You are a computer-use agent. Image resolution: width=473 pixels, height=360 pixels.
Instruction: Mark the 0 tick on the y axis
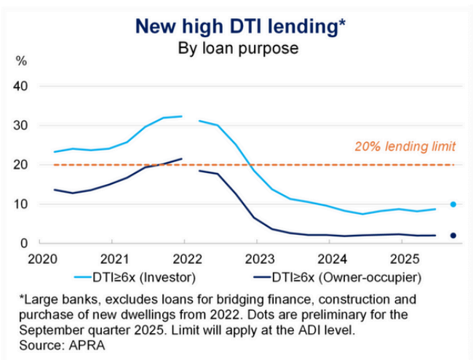pyautogui.click(x=24, y=244)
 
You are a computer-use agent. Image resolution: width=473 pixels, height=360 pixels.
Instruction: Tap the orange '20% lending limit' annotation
pyautogui.click(x=405, y=147)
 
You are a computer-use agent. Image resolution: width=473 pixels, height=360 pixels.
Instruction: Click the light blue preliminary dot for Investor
pyautogui.click(x=453, y=204)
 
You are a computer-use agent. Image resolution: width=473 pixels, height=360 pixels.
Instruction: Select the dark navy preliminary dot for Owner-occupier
pyautogui.click(x=453, y=236)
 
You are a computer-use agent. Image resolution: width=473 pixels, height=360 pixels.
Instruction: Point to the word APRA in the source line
pyautogui.click(x=85, y=345)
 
